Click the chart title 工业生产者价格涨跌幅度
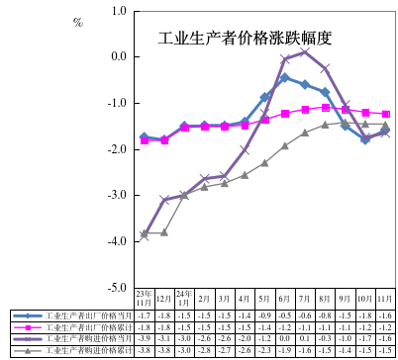244,39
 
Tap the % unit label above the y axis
78,22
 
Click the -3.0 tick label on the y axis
119,195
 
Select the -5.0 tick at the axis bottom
119,287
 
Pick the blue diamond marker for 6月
285,77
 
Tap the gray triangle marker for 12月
164,232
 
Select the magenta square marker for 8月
326,107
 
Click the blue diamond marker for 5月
264,98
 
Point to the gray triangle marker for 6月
285,145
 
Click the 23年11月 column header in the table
144,298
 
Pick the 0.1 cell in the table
305,337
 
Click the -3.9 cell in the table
144,337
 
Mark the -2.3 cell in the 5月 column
264,349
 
